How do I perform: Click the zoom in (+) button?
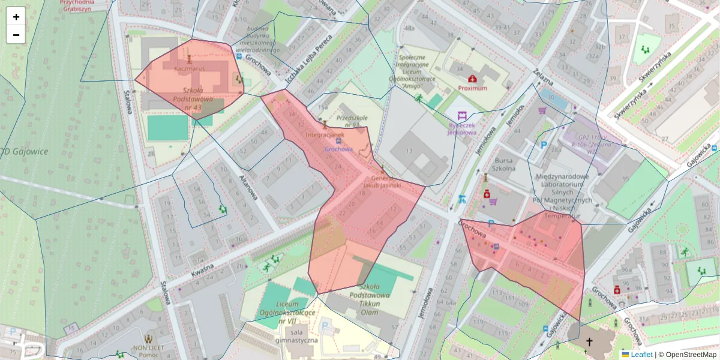(16, 17)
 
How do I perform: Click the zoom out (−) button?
(16, 35)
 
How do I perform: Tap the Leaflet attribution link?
(641, 355)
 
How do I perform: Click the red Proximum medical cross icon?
(472, 79)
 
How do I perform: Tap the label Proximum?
(472, 88)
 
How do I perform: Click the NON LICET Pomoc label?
(149, 351)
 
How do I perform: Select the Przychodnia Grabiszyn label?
(80, 5)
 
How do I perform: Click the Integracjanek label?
(325, 135)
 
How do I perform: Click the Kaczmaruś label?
(189, 69)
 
